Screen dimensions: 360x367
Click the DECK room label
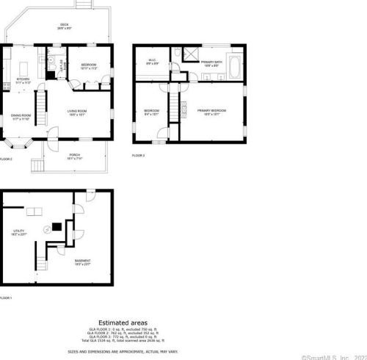tap(64, 26)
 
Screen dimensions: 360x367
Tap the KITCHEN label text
tap(23, 80)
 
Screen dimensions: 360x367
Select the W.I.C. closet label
tap(152, 62)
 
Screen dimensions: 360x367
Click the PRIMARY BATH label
tap(211, 63)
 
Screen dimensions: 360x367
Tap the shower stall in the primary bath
tap(190, 54)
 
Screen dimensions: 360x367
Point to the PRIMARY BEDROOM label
tap(211, 111)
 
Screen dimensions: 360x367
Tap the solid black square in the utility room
tap(54, 227)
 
